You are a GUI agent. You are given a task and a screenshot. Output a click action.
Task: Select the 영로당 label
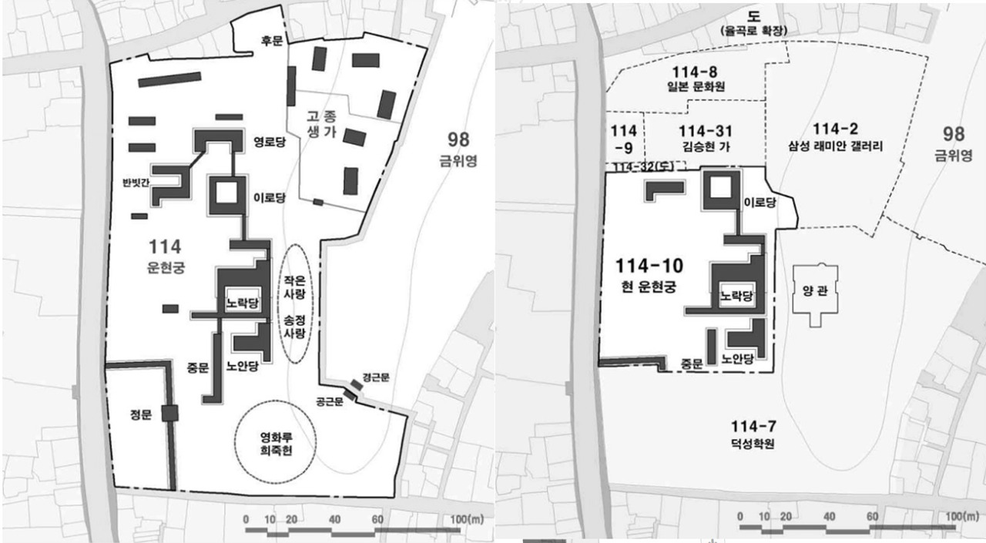(x=270, y=142)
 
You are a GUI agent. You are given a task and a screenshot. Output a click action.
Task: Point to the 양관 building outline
(x=814, y=293)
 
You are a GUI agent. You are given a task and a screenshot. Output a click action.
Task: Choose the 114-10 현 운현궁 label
(x=649, y=273)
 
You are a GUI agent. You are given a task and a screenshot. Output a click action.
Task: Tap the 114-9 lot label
(x=623, y=136)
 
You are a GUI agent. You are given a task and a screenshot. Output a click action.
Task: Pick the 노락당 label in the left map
(x=242, y=303)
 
